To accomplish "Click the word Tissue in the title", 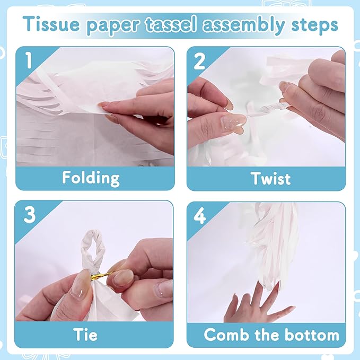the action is (x=51, y=24).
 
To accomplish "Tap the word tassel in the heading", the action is (x=171, y=24).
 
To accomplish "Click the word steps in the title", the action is (x=314, y=25).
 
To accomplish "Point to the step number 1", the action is (x=29, y=60).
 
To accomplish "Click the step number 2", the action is (x=199, y=62).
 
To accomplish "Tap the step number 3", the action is (x=30, y=215).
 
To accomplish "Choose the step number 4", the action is (x=200, y=216).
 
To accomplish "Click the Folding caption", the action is (x=91, y=179).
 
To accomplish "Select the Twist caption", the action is (x=270, y=178).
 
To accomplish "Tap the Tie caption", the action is (x=85, y=334).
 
